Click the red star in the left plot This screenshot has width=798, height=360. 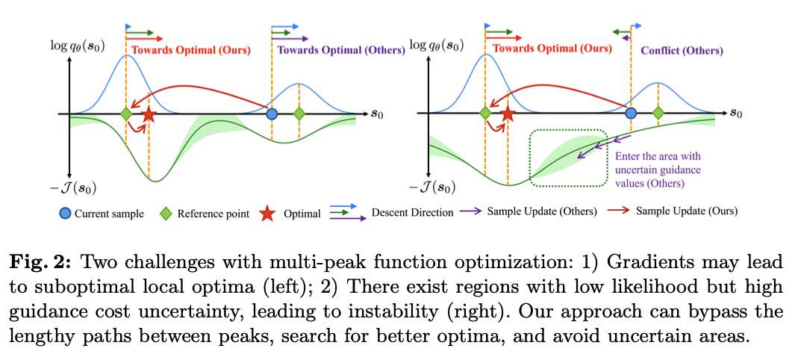(149, 114)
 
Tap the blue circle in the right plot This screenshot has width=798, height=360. (631, 114)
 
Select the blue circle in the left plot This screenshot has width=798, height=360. (272, 114)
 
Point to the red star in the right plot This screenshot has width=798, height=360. (508, 114)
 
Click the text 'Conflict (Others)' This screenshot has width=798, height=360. (682, 51)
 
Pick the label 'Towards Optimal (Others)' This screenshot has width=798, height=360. (341, 50)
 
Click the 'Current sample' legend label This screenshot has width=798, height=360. (109, 213)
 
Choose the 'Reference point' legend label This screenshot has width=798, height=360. (213, 213)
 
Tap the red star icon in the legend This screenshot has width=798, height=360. (268, 213)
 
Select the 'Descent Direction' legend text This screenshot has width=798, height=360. (413, 213)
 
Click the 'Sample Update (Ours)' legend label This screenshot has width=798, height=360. (687, 211)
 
